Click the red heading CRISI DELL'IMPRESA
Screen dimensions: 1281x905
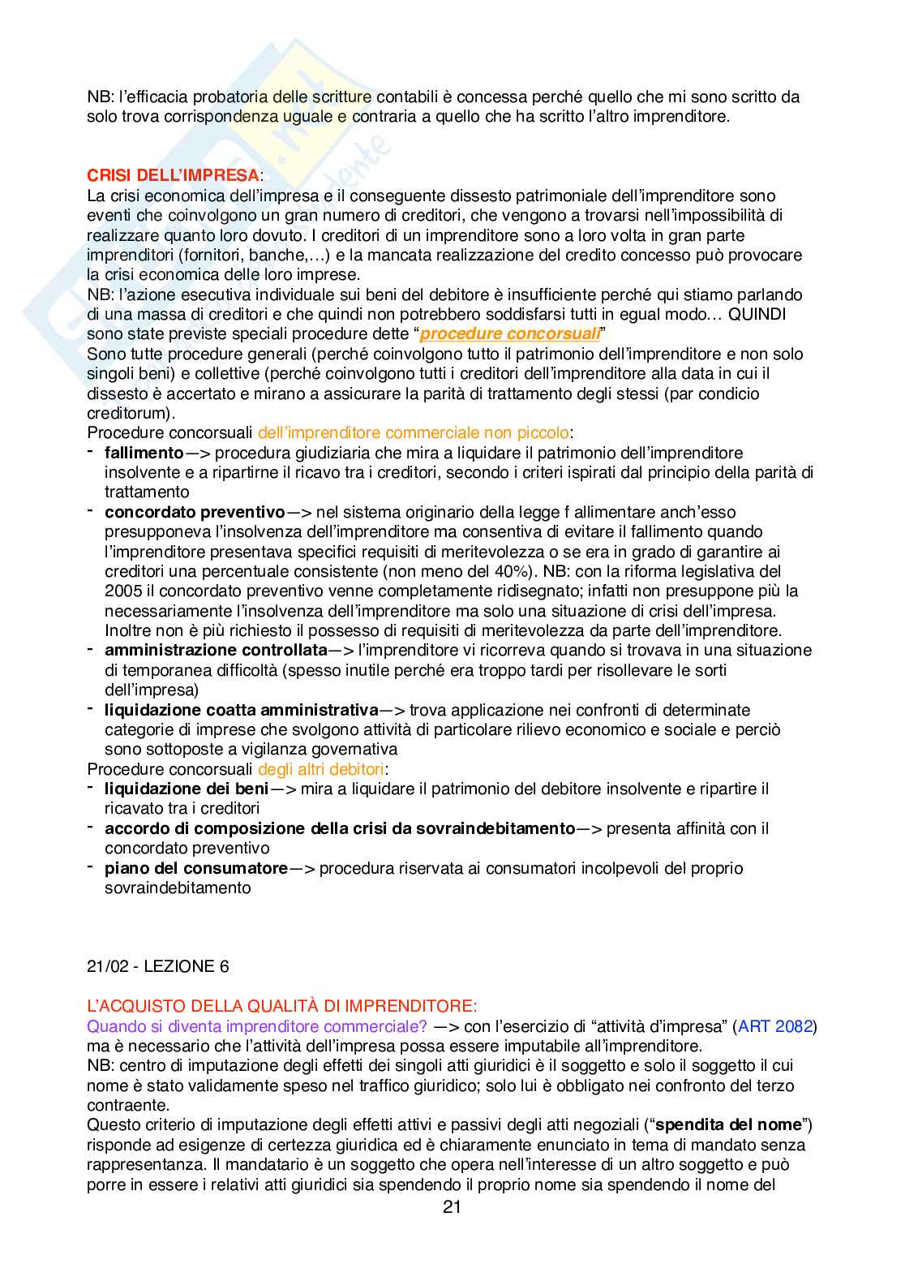click(174, 175)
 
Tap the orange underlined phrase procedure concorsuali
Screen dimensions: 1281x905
click(510, 333)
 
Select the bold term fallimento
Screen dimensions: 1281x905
click(144, 453)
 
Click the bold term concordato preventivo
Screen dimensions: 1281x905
click(195, 512)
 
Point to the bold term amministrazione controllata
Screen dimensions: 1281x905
click(216, 650)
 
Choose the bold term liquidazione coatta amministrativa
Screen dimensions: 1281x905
click(242, 710)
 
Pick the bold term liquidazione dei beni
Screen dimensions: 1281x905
click(187, 789)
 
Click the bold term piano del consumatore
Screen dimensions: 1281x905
click(196, 868)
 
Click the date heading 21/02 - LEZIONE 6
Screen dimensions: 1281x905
click(158, 966)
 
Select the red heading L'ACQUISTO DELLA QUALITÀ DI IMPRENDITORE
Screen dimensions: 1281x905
click(282, 1006)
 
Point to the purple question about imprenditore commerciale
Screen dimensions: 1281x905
click(257, 1026)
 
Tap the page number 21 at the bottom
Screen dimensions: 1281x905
click(452, 1206)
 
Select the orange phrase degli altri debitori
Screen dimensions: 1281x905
click(321, 769)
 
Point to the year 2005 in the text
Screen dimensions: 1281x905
click(123, 591)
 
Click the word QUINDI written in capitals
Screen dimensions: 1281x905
click(757, 314)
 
